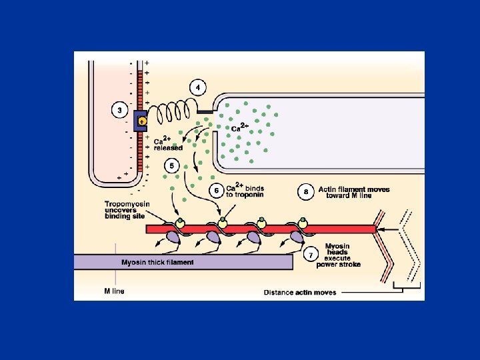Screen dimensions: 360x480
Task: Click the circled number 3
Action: coord(119,109)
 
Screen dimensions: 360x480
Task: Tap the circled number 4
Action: coord(198,87)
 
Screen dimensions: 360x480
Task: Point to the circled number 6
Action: coord(215,191)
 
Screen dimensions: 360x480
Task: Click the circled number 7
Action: coord(311,255)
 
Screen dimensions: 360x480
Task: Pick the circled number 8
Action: coord(306,191)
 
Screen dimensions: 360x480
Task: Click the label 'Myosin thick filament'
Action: coord(157,262)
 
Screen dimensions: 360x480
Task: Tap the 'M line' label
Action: coord(114,291)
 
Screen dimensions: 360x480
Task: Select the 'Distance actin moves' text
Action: coord(300,292)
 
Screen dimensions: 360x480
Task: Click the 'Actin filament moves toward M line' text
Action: coord(353,193)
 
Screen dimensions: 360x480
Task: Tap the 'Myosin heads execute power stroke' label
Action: coord(343,255)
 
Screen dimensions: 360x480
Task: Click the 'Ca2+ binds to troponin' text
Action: coord(245,191)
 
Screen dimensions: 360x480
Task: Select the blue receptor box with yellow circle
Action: coord(141,121)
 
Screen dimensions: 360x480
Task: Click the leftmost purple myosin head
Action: coord(173,237)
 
